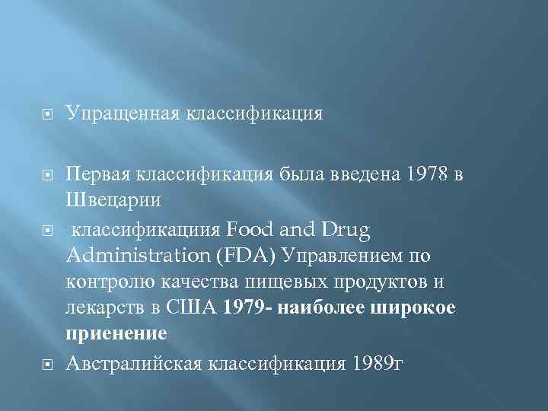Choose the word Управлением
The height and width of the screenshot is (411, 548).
[362, 254]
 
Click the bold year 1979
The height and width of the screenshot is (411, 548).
[243, 307]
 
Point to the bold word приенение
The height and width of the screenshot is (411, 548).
[116, 334]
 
